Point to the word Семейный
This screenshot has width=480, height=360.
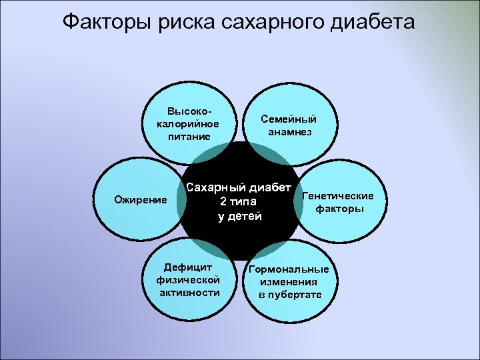coord(289,119)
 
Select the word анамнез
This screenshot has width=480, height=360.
coord(289,132)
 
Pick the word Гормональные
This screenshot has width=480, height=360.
coord(289,270)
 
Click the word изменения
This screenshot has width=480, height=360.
coord(289,282)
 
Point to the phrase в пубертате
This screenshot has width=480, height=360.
coord(290,295)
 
